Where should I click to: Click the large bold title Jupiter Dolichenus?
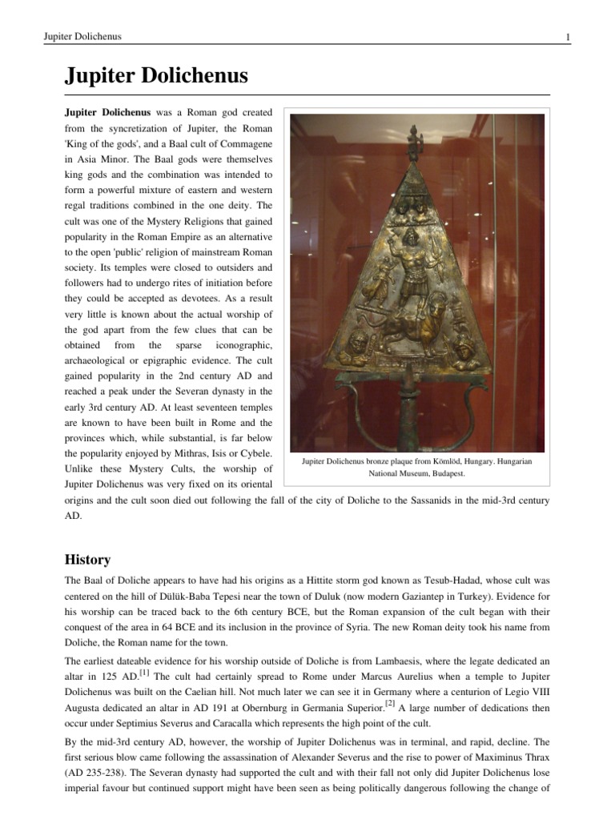[x=156, y=77]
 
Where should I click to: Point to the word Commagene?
[x=245, y=143]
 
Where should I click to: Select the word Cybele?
[x=255, y=452]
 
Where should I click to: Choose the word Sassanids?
[x=411, y=500]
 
